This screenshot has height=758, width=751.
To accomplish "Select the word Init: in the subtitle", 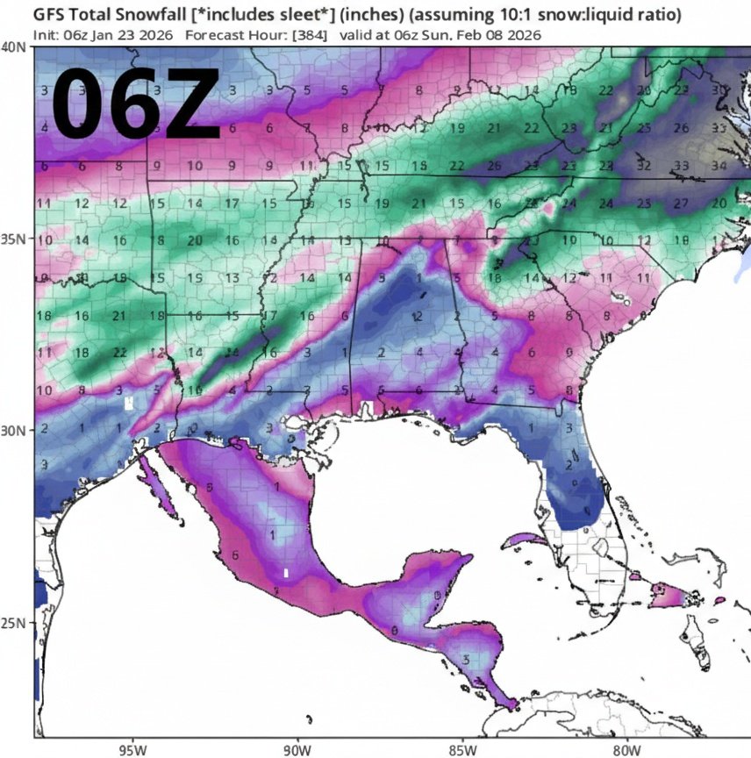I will click(x=46, y=35).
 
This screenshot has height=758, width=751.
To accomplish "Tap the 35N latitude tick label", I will click(x=14, y=239).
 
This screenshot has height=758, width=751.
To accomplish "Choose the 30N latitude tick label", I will click(x=14, y=430).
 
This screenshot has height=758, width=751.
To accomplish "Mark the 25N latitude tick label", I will click(x=14, y=623).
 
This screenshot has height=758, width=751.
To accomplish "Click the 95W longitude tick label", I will click(x=133, y=750).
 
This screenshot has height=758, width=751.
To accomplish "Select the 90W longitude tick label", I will click(x=298, y=750).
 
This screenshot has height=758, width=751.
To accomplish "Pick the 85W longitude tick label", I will click(x=462, y=750).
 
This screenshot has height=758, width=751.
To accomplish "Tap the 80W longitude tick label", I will click(x=626, y=750).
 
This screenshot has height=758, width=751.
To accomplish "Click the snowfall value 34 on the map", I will click(x=718, y=165).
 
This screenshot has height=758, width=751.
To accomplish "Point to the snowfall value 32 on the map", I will click(x=644, y=165).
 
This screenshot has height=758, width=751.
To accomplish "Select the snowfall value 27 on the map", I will click(x=681, y=203).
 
